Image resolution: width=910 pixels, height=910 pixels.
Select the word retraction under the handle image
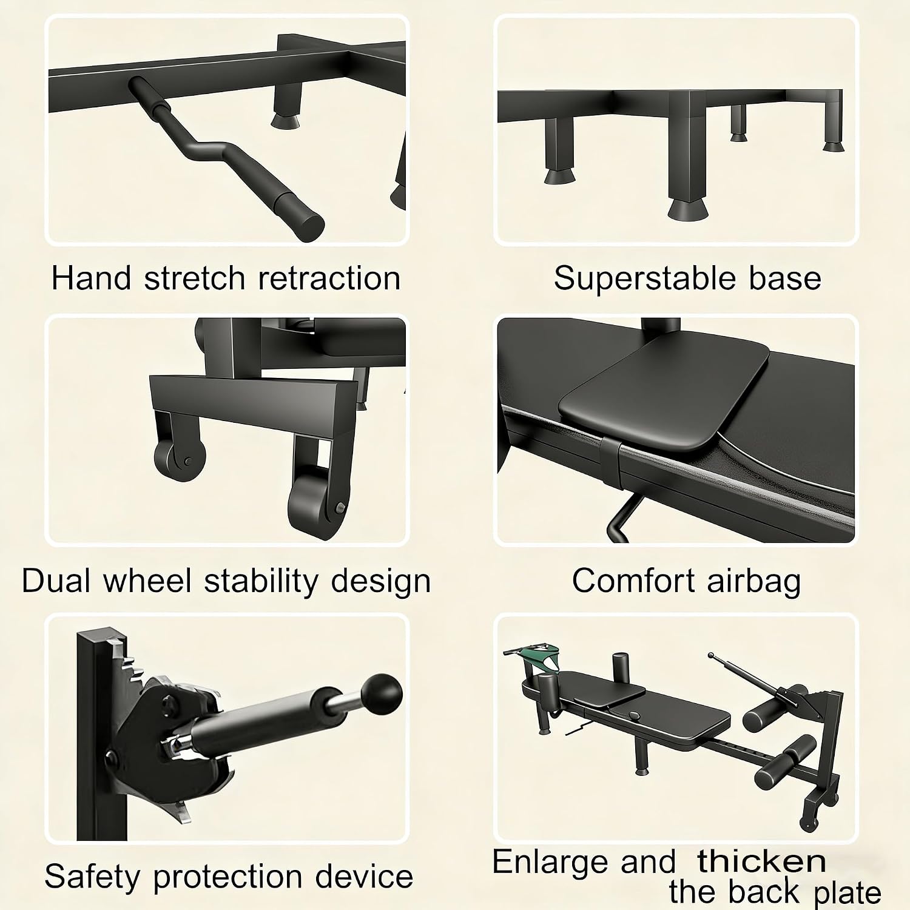[329, 278]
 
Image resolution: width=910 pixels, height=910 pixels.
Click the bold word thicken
[761, 861]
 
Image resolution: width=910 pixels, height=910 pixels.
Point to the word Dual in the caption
[56, 581]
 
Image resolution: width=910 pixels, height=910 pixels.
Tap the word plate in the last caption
[848, 892]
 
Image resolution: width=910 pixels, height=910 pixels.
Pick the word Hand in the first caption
[91, 278]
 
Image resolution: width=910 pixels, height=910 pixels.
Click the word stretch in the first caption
[194, 278]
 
